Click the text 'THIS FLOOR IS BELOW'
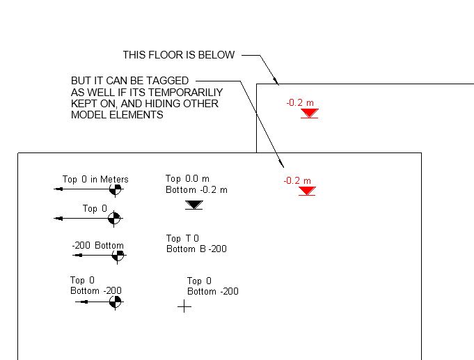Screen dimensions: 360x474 tap(179, 55)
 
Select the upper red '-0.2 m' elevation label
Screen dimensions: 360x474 tap(300, 103)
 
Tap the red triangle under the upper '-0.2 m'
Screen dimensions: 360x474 tap(310, 114)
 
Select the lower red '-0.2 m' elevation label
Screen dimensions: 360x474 tap(297, 181)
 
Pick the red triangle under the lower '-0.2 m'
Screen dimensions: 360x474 tap(307, 191)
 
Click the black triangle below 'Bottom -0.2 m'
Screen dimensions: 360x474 tap(194, 205)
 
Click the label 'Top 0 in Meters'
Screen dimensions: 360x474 tap(95, 179)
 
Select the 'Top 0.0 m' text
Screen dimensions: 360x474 tap(187, 179)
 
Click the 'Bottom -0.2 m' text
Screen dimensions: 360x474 tap(196, 189)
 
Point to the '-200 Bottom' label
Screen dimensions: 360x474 tap(97, 246)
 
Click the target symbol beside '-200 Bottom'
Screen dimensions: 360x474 tap(118, 256)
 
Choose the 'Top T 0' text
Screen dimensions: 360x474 tap(182, 239)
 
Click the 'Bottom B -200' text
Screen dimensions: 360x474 tap(196, 249)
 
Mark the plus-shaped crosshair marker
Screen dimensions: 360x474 tap(184, 306)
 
